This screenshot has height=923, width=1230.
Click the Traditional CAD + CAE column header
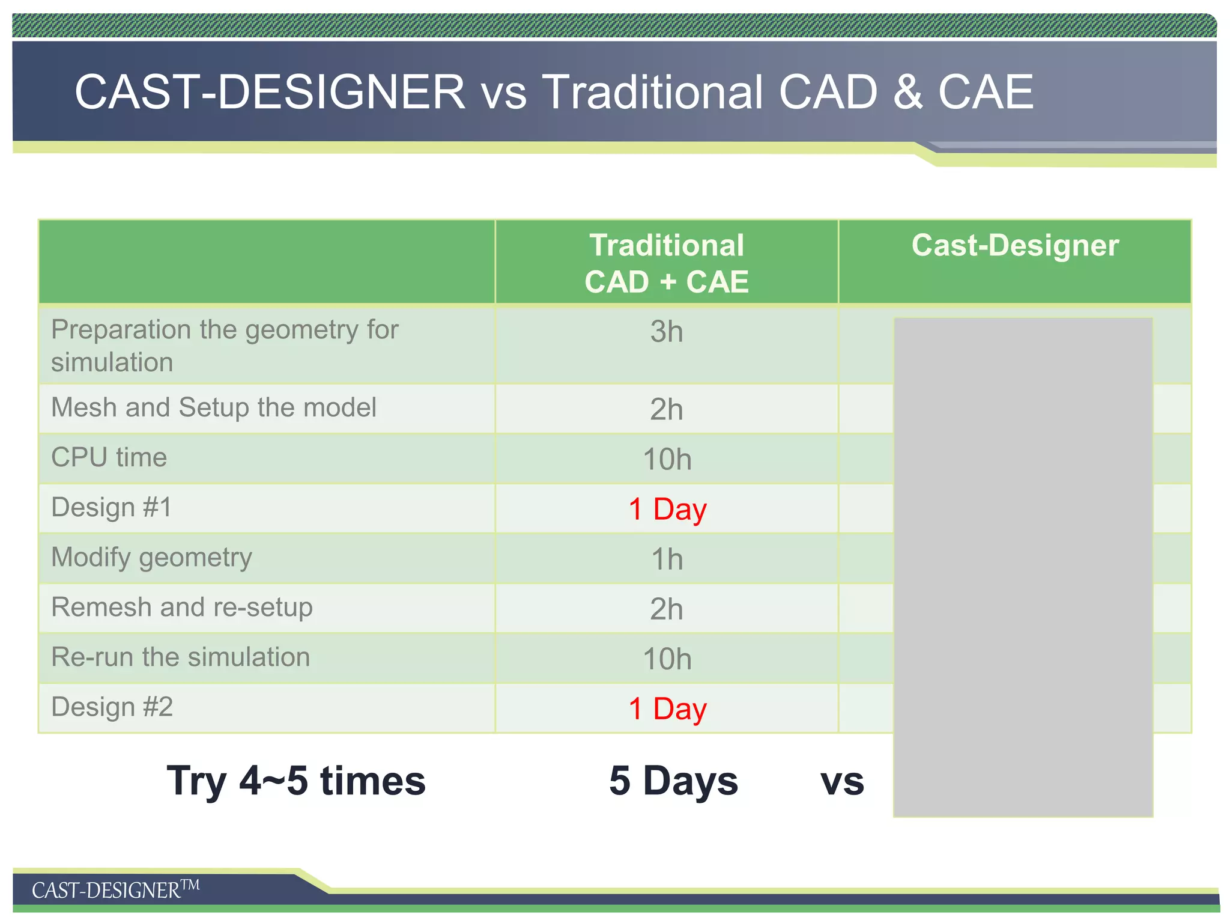(x=667, y=263)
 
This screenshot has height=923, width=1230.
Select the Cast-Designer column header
(x=1015, y=246)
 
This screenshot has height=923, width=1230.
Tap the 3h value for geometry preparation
(x=667, y=332)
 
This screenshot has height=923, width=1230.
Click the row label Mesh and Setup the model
(x=214, y=407)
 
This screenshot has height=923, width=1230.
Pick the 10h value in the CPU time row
(x=667, y=460)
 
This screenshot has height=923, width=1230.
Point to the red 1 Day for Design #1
(x=667, y=510)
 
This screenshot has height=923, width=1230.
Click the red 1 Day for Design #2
(x=667, y=709)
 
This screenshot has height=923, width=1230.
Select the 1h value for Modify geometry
(x=667, y=559)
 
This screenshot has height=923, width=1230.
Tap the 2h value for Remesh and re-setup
(x=667, y=609)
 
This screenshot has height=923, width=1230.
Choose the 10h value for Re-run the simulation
(x=667, y=659)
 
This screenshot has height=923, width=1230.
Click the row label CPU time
(x=109, y=457)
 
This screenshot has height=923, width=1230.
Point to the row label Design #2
(x=112, y=707)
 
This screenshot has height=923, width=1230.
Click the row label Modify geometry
(x=151, y=558)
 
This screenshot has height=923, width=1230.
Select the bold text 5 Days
(x=673, y=781)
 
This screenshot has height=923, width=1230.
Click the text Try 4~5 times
(x=296, y=781)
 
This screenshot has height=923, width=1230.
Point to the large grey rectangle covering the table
(x=1023, y=567)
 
